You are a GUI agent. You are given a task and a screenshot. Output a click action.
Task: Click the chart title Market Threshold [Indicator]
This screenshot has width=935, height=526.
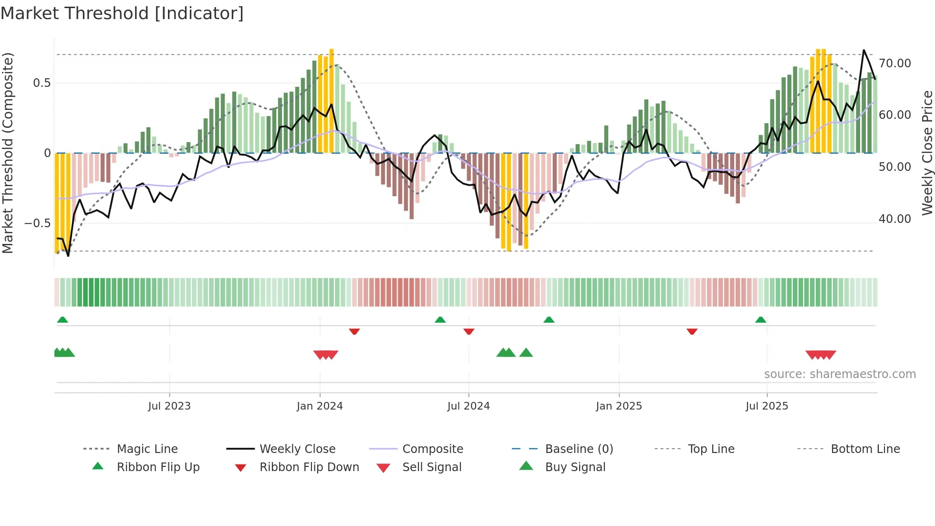pos(122,13)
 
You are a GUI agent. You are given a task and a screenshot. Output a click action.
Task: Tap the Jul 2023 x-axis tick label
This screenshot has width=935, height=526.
pos(169,406)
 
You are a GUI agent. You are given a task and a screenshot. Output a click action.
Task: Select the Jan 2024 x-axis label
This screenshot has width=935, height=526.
pos(320,406)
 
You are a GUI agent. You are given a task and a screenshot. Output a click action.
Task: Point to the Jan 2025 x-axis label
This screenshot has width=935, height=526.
pos(619,406)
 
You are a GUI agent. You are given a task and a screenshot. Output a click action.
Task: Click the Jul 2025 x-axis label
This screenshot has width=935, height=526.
pos(767,406)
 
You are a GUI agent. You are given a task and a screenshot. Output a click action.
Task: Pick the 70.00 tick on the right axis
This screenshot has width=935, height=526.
pos(894,63)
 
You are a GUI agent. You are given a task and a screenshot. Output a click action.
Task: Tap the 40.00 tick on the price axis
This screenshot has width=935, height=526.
pos(894,219)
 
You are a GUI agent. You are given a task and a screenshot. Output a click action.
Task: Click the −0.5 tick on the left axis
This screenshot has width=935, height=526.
pos(38,223)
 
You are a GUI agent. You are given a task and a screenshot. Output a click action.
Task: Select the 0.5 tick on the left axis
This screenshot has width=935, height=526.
pos(42,83)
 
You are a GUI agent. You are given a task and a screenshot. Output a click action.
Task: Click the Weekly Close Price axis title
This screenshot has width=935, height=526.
pos(927,153)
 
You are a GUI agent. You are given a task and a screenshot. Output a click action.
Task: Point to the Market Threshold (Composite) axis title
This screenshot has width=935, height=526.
pos(8,153)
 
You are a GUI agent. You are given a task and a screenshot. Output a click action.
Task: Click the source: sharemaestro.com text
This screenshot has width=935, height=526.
pos(840,374)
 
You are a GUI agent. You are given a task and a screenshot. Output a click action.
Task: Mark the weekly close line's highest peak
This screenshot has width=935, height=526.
pos(863,50)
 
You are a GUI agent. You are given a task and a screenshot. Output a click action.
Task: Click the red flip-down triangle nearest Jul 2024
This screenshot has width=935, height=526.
pos(469,331)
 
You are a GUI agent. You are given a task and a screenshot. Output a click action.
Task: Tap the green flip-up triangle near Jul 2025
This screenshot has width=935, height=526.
pos(760,320)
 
